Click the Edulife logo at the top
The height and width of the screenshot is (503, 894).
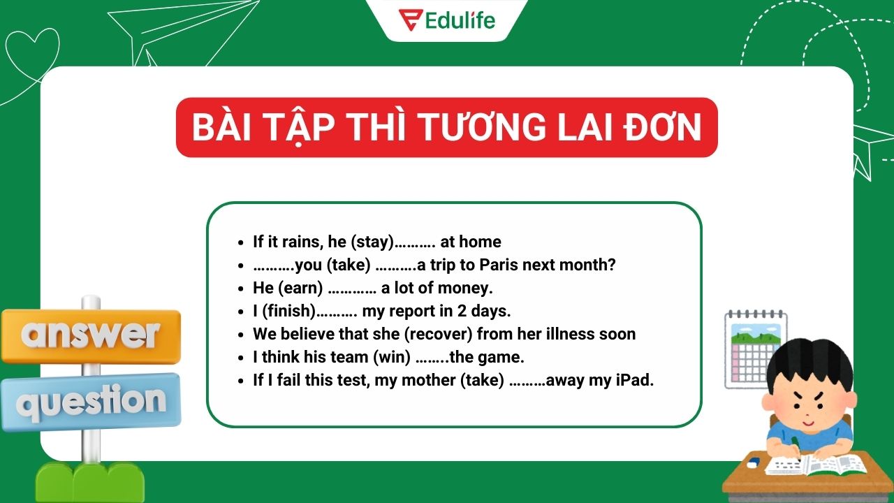click(x=446, y=20)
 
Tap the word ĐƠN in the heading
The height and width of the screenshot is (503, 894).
click(x=661, y=127)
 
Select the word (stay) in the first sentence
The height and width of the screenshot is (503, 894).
click(x=372, y=242)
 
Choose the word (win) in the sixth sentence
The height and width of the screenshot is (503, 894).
click(x=392, y=357)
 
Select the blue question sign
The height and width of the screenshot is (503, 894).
click(x=91, y=402)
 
